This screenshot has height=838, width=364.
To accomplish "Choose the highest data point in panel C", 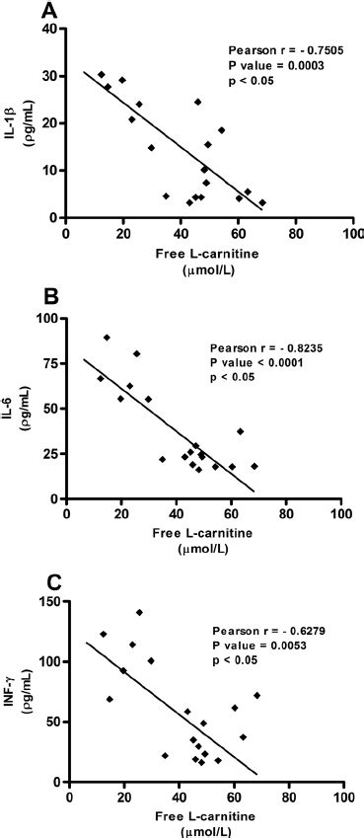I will point(139,613).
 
